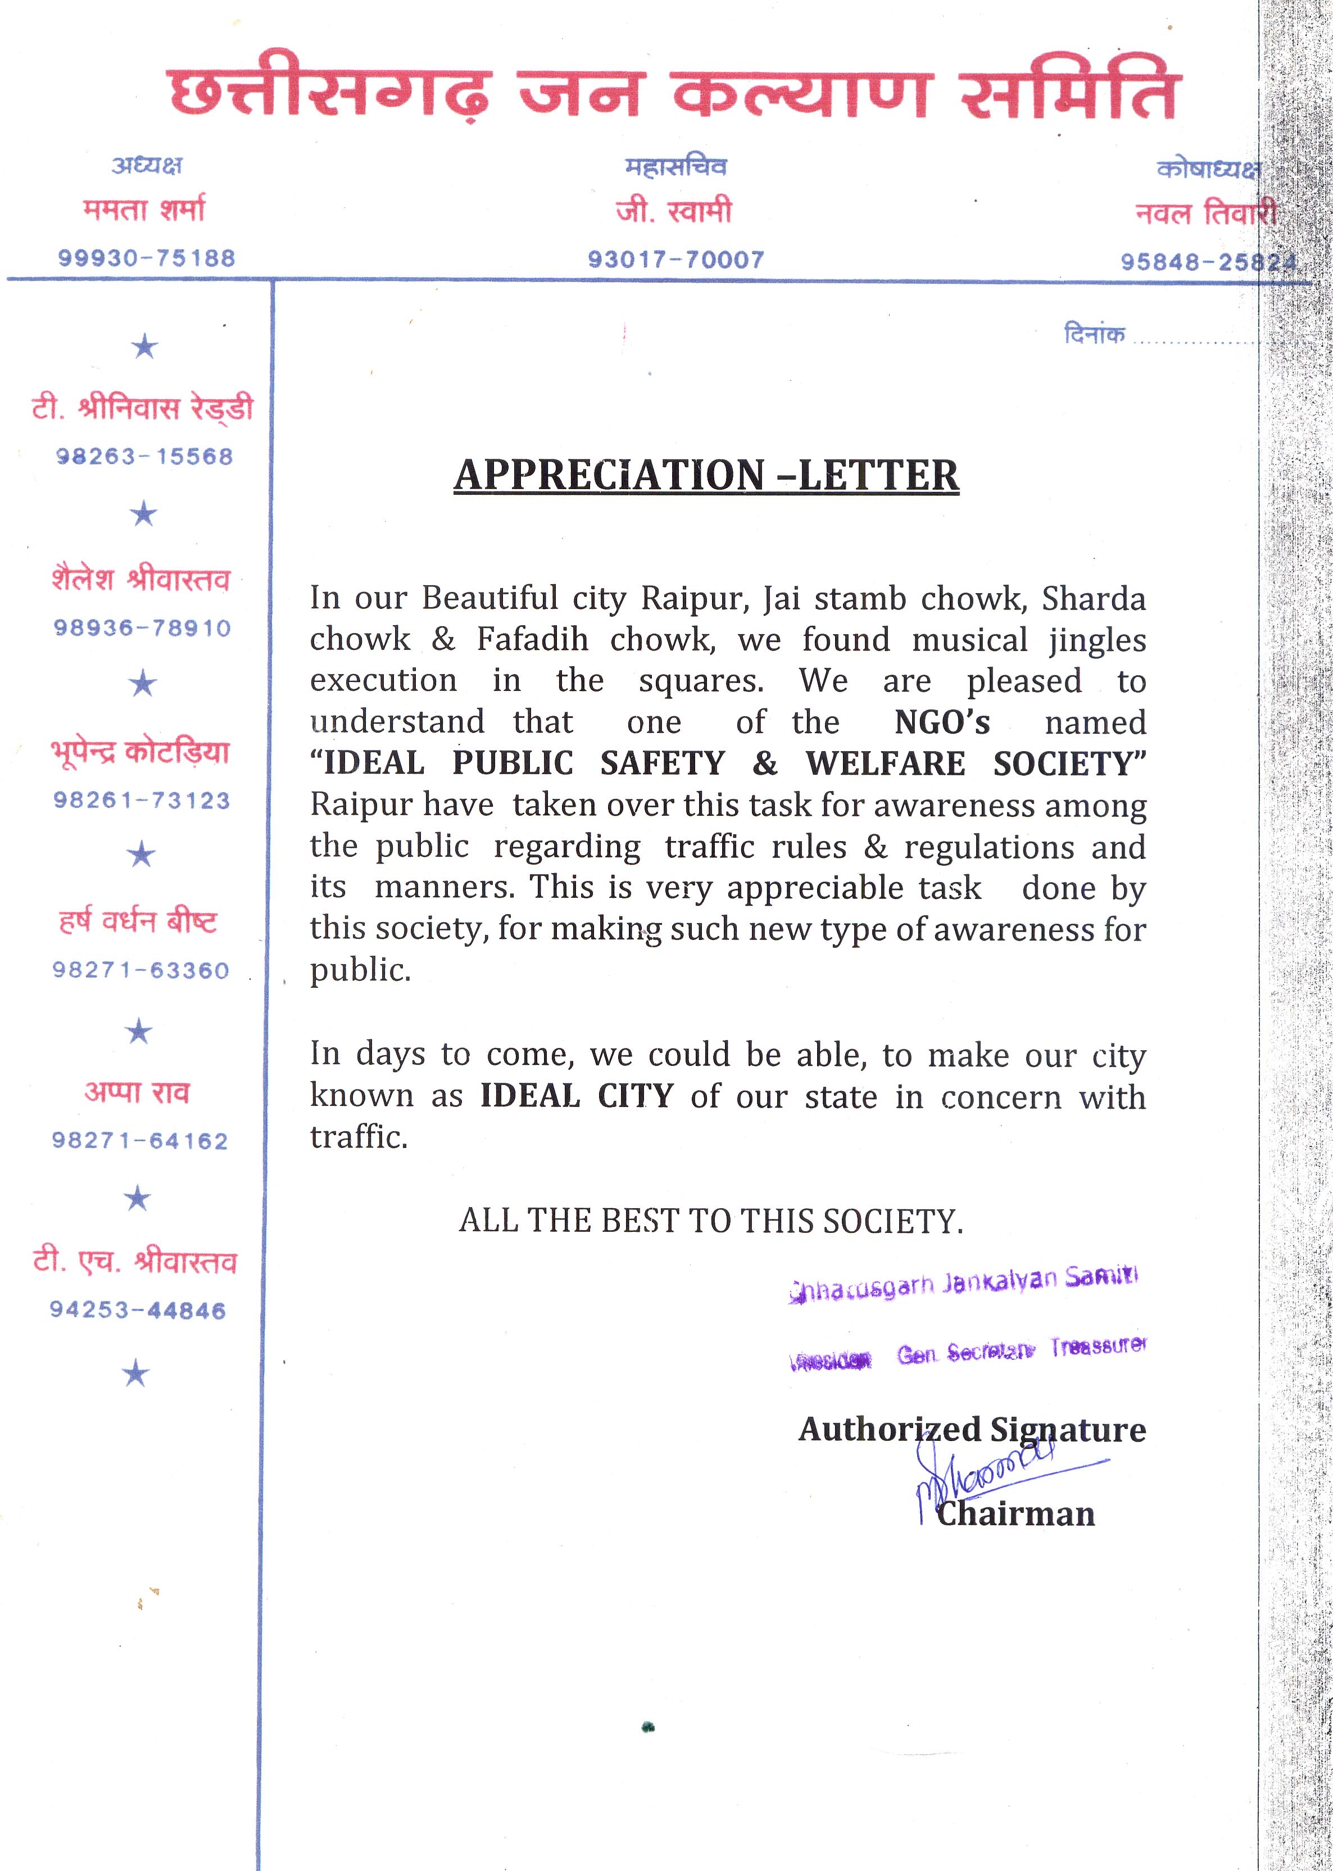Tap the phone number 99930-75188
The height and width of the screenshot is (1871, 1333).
click(x=147, y=258)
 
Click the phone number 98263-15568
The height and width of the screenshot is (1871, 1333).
click(x=144, y=457)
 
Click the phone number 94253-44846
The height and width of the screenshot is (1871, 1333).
click(x=138, y=1310)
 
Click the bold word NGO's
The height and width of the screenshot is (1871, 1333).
click(x=941, y=722)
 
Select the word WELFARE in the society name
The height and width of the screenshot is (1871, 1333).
click(x=885, y=763)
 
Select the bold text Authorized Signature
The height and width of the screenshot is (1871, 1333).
click(x=972, y=1429)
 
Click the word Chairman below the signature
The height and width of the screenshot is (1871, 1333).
click(x=1015, y=1513)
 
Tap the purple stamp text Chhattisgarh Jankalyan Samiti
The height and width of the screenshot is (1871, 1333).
click(x=962, y=1282)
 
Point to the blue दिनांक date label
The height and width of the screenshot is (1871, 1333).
click(x=1094, y=334)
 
